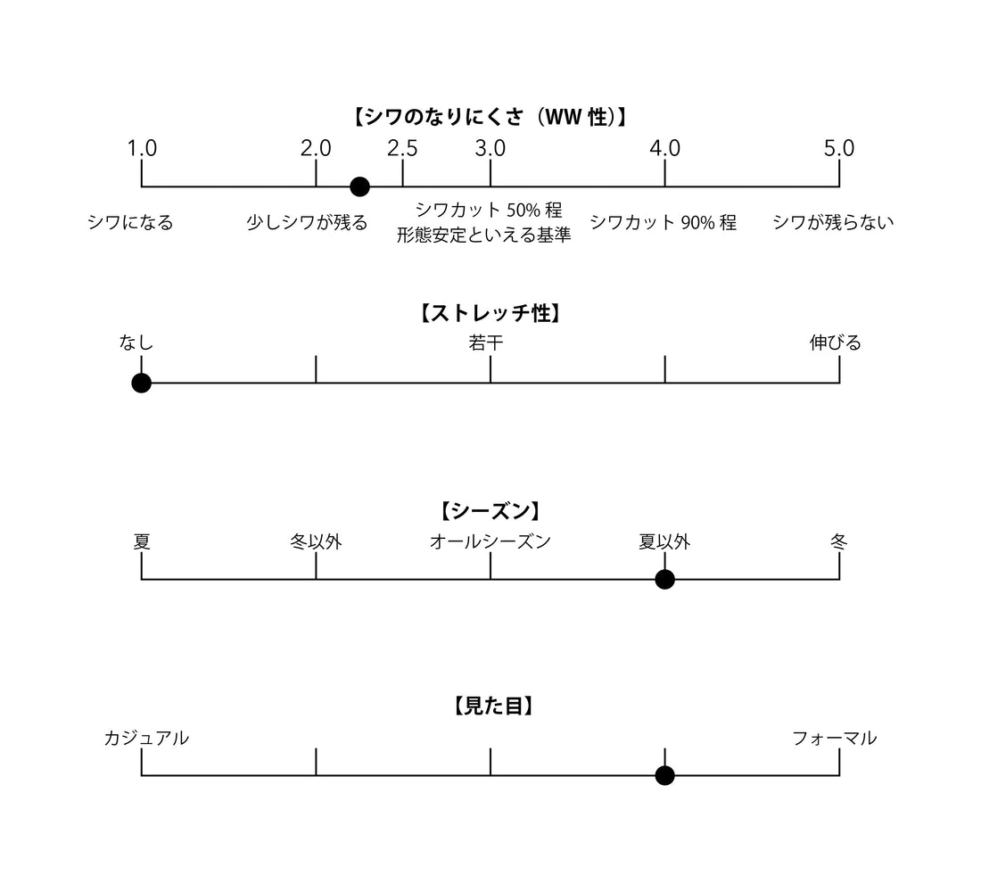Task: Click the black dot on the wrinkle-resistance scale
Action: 359,186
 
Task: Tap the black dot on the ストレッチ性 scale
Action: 141,383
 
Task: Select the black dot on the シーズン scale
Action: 664,579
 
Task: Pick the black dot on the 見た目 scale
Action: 664,775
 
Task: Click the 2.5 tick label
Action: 402,148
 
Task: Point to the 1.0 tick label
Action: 142,148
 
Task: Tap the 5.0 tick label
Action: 839,148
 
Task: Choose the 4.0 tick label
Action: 664,148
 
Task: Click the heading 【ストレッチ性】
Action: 490,314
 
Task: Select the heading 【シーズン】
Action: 490,511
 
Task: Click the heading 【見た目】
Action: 490,706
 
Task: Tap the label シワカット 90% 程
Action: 663,223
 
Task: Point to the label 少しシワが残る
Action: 307,223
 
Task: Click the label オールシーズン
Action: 490,541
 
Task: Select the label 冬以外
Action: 316,541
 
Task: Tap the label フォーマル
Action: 835,738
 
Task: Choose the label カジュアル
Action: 146,738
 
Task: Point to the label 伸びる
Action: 836,343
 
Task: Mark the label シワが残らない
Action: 833,223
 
